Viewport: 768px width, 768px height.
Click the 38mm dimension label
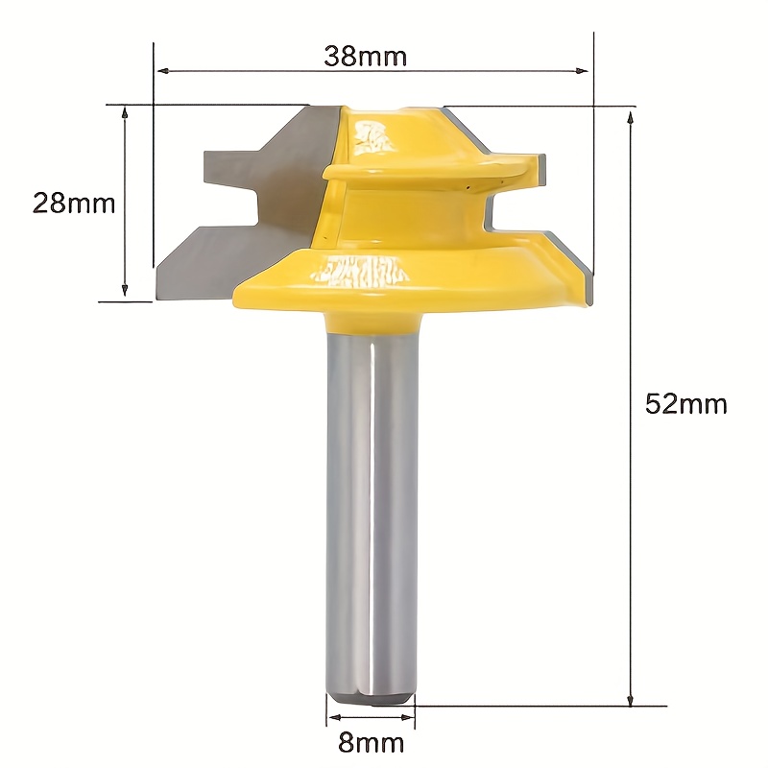[366, 57]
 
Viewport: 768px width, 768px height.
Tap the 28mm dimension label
[74, 203]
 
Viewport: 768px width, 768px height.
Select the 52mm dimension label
[685, 404]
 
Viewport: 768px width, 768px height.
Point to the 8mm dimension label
[371, 743]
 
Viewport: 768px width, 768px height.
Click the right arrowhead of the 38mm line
[582, 71]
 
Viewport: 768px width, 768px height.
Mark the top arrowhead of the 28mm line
[125, 113]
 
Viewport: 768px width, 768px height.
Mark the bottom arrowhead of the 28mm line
[125, 290]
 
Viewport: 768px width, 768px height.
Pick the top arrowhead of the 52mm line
[631, 117]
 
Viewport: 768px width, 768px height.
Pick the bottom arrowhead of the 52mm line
[631, 699]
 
